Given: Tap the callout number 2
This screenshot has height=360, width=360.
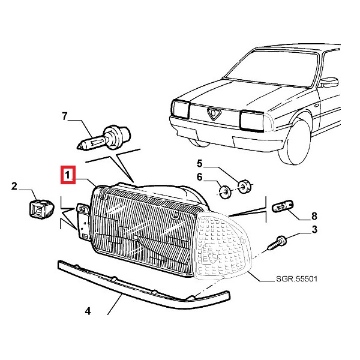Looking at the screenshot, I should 14,187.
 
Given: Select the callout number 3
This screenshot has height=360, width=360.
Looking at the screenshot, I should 314,229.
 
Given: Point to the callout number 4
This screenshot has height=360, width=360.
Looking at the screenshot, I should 88,311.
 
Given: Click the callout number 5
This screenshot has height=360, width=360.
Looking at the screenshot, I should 200,163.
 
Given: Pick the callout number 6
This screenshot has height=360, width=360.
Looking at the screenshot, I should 200,178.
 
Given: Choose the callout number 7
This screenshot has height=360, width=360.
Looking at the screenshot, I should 65,116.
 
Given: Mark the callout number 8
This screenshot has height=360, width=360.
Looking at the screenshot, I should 314,215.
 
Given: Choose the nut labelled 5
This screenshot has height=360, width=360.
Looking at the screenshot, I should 243,185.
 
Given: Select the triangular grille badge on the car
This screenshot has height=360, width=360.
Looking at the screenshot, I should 215,114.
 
